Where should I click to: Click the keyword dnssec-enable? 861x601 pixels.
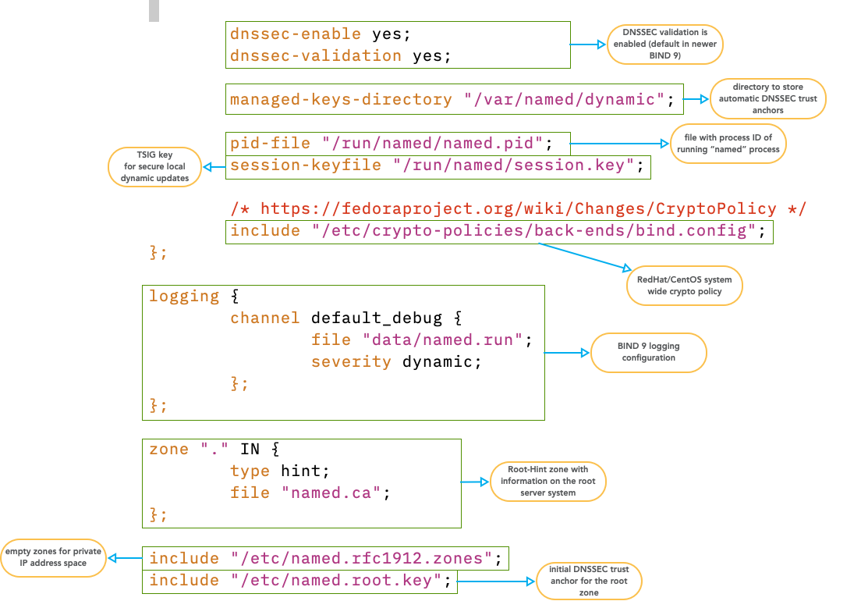[296, 34]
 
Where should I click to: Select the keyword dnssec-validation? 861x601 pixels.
[316, 56]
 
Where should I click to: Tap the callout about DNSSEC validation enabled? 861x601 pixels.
[665, 44]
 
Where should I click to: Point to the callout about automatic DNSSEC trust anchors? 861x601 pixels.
[767, 99]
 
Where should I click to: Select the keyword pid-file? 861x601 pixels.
[271, 144]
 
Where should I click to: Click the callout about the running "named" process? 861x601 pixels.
[728, 144]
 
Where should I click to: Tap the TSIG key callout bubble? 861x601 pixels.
[153, 167]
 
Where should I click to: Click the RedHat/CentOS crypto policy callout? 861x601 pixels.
[684, 286]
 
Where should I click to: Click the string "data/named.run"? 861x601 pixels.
[442, 340]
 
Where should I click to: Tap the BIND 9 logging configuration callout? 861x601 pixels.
[648, 353]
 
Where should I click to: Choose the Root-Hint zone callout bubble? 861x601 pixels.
[547, 482]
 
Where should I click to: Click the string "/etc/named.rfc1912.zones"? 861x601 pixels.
[361, 559]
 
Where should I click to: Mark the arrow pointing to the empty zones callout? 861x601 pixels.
[125, 558]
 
